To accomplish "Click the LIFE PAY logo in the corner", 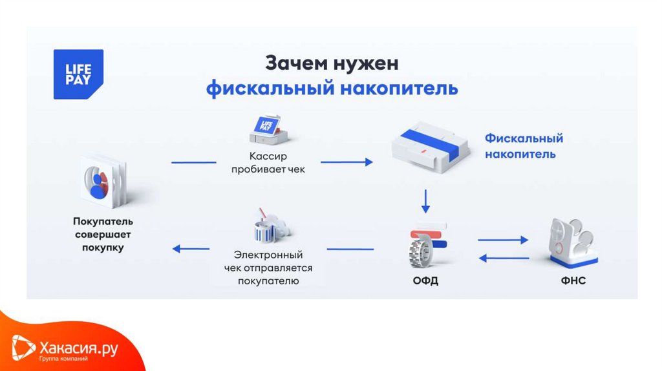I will [x=78, y=74].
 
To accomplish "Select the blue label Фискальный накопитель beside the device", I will [x=524, y=146].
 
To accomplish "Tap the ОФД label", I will [x=425, y=281].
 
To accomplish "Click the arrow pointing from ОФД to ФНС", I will [x=503, y=240].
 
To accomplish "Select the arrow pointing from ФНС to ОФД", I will [x=503, y=258].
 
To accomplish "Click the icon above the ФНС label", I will [x=572, y=242].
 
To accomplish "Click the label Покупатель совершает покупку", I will [x=103, y=234].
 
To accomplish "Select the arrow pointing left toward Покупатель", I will [x=191, y=249].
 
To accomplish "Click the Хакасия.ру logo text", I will [x=78, y=349].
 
